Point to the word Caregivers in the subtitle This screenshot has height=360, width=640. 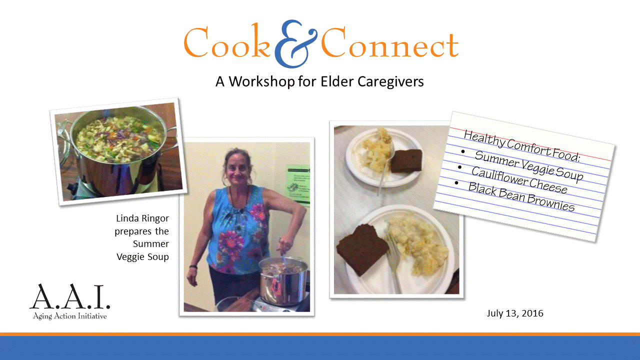click(x=390, y=81)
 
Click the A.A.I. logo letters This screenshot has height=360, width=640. click(x=69, y=297)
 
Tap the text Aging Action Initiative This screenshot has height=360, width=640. click(x=69, y=316)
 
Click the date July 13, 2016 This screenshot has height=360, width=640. click(x=514, y=313)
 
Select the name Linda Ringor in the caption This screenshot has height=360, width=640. click(x=142, y=218)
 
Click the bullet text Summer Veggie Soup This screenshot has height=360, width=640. click(x=528, y=165)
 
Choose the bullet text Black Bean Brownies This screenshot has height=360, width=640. click(x=521, y=196)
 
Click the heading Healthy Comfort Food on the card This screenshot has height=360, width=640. click(x=521, y=145)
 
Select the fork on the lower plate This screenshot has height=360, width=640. click(x=392, y=262)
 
